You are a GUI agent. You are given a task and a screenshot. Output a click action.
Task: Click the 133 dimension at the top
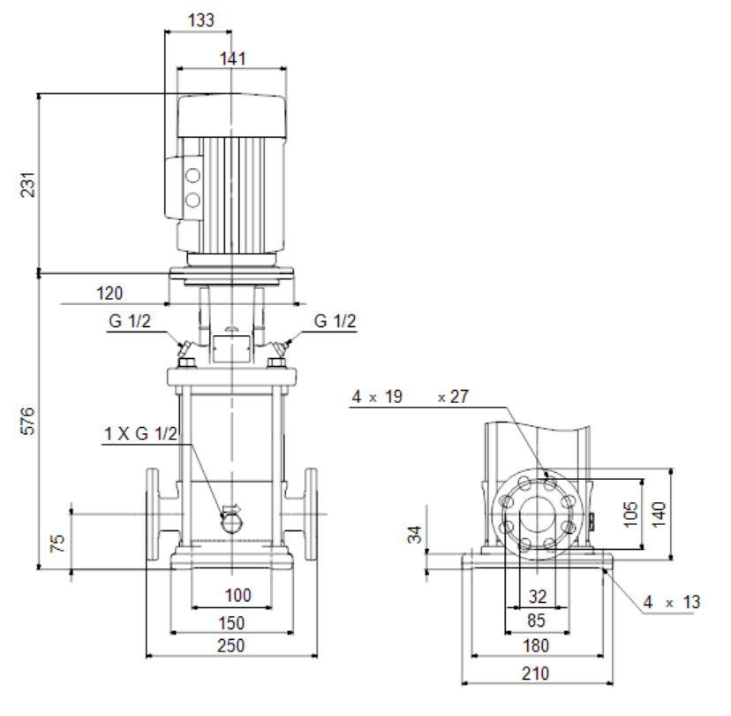pyautogui.click(x=201, y=20)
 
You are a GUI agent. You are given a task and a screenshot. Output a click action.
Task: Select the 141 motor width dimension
pyautogui.click(x=232, y=59)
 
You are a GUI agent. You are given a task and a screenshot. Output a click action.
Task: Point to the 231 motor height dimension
pyautogui.click(x=28, y=185)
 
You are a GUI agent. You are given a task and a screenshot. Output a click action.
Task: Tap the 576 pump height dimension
pyautogui.click(x=28, y=421)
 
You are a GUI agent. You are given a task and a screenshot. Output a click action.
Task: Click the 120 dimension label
pyautogui.click(x=109, y=293)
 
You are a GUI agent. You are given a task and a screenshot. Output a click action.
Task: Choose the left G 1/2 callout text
pyautogui.click(x=130, y=321)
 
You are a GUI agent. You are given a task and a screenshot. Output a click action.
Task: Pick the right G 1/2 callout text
pyautogui.click(x=335, y=321)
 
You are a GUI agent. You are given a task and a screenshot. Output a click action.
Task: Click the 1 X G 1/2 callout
pyautogui.click(x=140, y=434)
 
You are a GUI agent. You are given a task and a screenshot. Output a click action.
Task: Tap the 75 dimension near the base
pyautogui.click(x=57, y=544)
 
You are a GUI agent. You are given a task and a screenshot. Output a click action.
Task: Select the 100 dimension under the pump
pyautogui.click(x=237, y=595)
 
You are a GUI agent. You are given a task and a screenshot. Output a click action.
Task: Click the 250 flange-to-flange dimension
pyautogui.click(x=230, y=645)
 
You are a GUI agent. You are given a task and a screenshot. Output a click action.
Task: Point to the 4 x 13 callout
pyautogui.click(x=671, y=602)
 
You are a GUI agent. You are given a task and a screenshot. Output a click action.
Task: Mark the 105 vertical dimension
pyautogui.click(x=629, y=514)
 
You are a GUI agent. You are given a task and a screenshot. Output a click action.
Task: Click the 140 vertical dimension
pyautogui.click(x=659, y=514)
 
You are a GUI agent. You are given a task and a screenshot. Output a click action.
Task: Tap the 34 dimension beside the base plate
pyautogui.click(x=414, y=535)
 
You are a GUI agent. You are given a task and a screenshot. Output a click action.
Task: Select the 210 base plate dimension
pyautogui.click(x=535, y=674)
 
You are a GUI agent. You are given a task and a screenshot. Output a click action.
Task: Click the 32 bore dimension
pyautogui.click(x=537, y=597)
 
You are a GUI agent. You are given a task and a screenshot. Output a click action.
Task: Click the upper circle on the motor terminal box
pyautogui.click(x=192, y=176)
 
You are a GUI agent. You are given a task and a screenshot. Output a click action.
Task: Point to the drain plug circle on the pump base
pyautogui.click(x=231, y=523)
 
